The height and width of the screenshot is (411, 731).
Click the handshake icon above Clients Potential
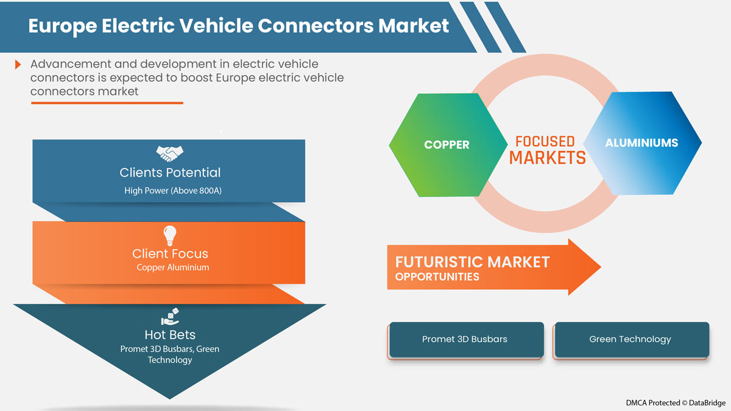coord(170,153)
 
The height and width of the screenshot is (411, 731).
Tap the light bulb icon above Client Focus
coord(170,236)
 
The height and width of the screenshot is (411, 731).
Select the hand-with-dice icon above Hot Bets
coord(170,317)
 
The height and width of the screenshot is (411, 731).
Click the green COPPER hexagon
coord(448,145)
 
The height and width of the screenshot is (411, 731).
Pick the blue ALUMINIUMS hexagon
coord(642,143)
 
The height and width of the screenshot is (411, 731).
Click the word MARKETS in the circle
coord(547,158)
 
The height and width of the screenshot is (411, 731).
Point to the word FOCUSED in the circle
coord(545,141)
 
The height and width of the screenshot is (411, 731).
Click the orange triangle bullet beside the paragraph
coord(18,65)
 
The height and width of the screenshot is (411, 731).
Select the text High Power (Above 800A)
coord(173,191)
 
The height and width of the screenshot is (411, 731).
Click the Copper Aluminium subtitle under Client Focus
coord(172,267)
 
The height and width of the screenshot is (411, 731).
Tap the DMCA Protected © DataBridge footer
coord(676,403)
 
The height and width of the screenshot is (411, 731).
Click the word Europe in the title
coord(63,26)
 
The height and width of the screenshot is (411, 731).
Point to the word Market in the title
coord(414,26)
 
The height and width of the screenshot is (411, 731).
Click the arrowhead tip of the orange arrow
coord(601,267)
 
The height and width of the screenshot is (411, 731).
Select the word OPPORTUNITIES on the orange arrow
coord(437,277)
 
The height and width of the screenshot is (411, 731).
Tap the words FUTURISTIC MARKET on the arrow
coord(472,262)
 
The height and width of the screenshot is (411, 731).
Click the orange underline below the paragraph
coord(107,103)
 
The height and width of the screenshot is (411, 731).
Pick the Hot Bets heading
coord(170,335)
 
